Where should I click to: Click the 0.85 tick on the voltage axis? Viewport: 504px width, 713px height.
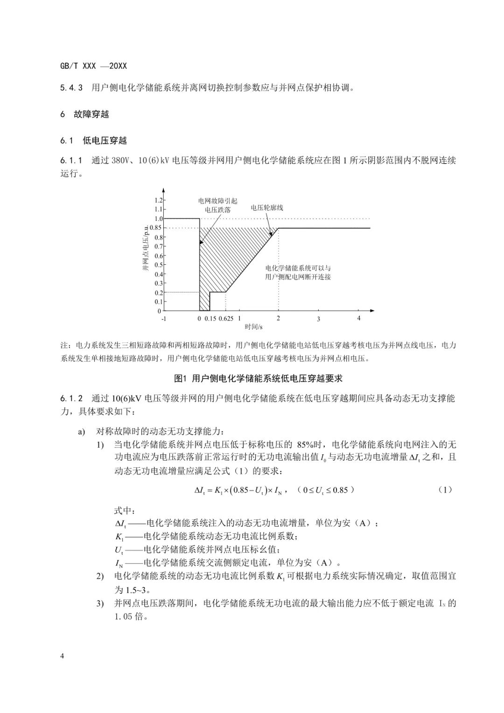(x=155, y=228)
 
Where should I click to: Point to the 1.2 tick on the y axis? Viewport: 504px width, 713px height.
(x=158, y=200)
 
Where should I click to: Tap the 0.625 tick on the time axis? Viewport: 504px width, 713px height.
(x=225, y=318)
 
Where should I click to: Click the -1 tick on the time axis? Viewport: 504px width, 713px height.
(x=164, y=318)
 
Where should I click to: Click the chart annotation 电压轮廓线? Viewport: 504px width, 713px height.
(x=267, y=208)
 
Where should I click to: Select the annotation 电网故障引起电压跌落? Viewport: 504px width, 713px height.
(x=218, y=205)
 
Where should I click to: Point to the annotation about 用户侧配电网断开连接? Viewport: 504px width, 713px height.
(x=298, y=273)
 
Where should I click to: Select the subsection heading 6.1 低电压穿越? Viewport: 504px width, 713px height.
(x=93, y=141)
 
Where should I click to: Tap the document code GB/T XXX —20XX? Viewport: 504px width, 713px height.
(x=93, y=66)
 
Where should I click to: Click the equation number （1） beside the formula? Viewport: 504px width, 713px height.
(x=445, y=490)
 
